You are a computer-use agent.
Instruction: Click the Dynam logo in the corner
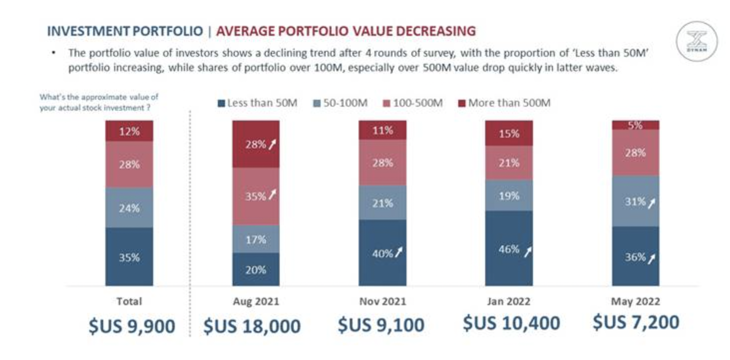click(697, 41)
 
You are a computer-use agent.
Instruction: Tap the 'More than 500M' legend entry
click(504, 103)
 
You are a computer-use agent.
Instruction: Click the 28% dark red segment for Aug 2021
click(256, 144)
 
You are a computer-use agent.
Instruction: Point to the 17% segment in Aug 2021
click(256, 239)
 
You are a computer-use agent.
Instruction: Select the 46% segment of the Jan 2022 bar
click(509, 248)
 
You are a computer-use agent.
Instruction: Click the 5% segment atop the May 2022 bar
click(635, 125)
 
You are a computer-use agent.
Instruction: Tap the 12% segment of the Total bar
click(129, 131)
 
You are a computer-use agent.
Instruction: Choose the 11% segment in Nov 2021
click(382, 130)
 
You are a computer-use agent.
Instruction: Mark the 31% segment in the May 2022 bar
click(635, 201)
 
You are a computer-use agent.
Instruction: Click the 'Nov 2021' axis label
click(382, 302)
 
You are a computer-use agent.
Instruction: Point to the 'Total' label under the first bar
click(129, 302)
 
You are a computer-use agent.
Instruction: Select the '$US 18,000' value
click(252, 326)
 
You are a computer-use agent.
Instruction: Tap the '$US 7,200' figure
click(636, 322)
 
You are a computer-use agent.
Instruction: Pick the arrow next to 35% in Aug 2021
click(272, 195)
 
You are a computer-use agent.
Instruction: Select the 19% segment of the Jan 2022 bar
click(509, 195)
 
